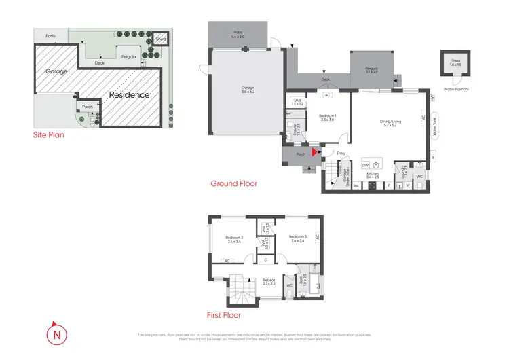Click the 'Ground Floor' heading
tap(233, 183)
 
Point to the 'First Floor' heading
tap(224, 314)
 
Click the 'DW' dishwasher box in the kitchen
tap(365, 165)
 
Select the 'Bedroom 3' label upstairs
tap(299, 238)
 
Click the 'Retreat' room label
tap(269, 281)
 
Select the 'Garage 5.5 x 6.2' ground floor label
tap(248, 88)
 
